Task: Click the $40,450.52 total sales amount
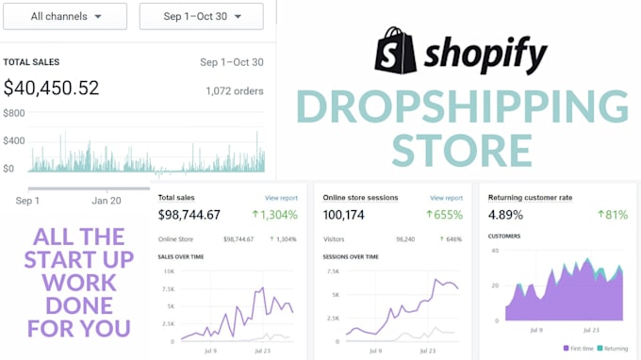click(51, 90)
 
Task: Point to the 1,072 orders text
click(235, 91)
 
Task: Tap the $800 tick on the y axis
click(14, 114)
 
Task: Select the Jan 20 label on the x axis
click(107, 200)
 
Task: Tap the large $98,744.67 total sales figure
click(189, 215)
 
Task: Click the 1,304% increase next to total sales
click(275, 215)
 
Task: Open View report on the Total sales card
click(281, 198)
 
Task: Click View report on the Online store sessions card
click(446, 198)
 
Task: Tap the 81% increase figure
click(612, 215)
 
